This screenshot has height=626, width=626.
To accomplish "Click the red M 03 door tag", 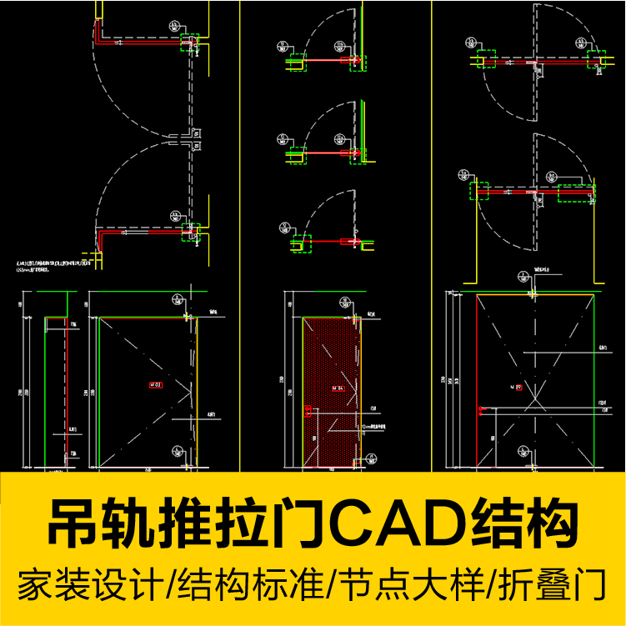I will point(156,385).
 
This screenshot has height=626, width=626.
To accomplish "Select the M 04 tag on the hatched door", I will point(338,388).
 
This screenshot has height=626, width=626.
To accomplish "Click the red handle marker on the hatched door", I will point(308,409).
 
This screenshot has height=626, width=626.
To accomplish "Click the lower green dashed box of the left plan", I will point(191,228).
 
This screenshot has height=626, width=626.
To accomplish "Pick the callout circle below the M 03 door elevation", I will point(178,451).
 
